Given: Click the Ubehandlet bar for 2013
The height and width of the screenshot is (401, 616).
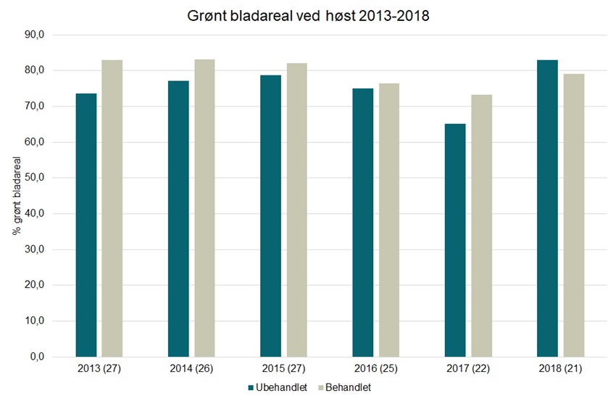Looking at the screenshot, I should pos(86,225).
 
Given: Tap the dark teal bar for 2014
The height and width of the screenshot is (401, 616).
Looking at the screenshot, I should pos(178,218).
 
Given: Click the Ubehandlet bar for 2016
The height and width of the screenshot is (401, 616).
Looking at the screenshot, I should pos(363,223).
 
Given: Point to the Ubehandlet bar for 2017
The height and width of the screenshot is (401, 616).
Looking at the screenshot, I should pos(455,240).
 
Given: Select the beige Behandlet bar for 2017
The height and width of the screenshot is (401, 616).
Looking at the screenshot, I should pos(481,226).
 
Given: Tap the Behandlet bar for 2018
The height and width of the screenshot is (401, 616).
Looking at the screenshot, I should pos(573,215).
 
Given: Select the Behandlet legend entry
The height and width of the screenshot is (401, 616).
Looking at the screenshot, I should pos(344,387).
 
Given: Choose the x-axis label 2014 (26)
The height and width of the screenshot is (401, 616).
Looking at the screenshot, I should pos(191,369).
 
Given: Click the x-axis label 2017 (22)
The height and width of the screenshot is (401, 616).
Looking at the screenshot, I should pos(468,369).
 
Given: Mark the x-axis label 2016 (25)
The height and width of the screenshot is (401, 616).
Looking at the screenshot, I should pos(376,369).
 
